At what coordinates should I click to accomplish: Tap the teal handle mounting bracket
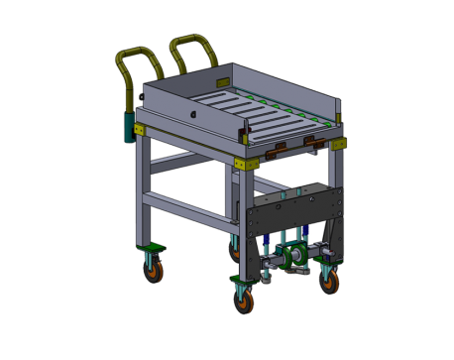point(129,126)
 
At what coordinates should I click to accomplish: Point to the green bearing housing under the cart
point(292,261)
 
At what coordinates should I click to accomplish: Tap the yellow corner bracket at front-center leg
point(241,162)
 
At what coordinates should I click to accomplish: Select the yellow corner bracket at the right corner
point(339,144)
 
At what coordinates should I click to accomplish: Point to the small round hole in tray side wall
point(194,113)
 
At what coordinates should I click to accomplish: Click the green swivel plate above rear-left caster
point(152,245)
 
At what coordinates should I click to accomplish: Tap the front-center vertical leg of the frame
point(239,203)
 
